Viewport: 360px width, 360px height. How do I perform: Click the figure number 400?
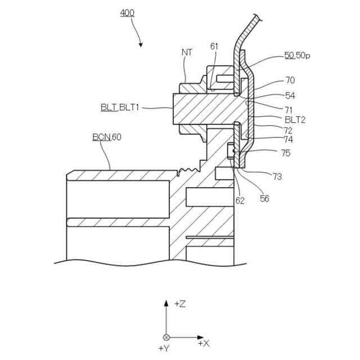pos(127,12)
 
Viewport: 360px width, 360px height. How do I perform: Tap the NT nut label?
pos(187,52)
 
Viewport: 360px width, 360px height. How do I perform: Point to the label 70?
pos(290,80)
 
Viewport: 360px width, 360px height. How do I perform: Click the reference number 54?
pos(290,96)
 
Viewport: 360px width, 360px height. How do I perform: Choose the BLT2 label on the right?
pos(295,119)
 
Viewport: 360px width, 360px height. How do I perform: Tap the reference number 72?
pos(288,130)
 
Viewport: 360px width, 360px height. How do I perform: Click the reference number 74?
pos(288,139)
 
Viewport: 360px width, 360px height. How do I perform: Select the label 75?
pos(286,152)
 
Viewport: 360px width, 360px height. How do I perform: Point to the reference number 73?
pos(277,177)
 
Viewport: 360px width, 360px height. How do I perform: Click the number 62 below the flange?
pos(240,200)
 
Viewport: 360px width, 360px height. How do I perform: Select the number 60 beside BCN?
pos(116,137)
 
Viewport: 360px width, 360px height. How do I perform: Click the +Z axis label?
pos(180,304)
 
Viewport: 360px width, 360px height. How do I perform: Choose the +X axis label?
pos(203,343)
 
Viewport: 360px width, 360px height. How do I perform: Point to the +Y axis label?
pos(164,349)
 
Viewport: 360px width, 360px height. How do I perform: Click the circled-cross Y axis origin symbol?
pos(166,337)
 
